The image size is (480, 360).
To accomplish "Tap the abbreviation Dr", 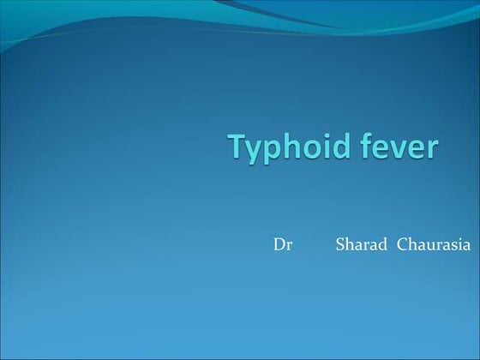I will (283, 245).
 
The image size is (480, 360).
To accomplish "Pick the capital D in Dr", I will (279, 245).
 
